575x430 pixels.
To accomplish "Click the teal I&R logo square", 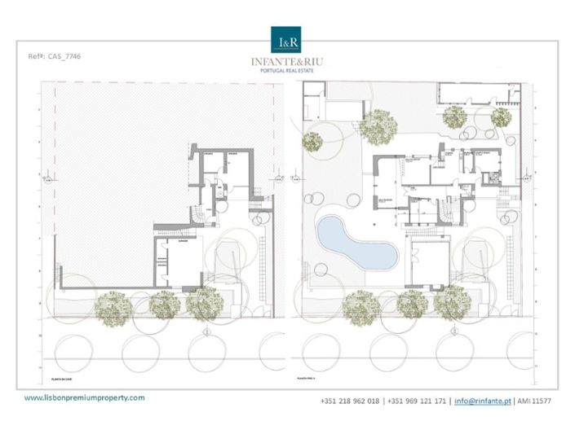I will (x=286, y=40).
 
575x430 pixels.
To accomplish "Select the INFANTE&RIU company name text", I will (x=286, y=61).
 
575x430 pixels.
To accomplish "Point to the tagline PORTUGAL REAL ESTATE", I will (x=286, y=71).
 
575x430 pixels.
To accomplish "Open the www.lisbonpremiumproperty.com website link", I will (x=84, y=397).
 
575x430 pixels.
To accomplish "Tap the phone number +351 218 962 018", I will (x=350, y=401).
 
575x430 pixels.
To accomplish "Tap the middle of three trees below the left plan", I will (x=164, y=305).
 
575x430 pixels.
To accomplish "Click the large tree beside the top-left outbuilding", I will (x=378, y=125).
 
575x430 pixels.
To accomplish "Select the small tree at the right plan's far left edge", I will (x=312, y=141).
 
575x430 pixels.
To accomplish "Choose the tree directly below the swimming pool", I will (x=360, y=305).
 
